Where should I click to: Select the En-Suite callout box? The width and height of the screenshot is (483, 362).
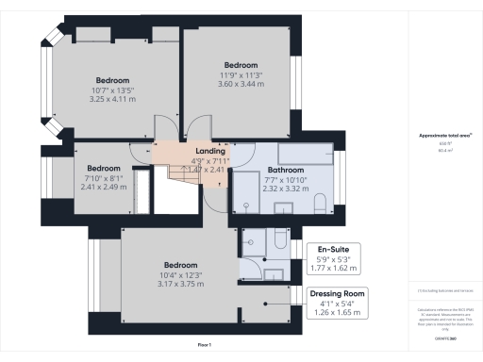[337, 257]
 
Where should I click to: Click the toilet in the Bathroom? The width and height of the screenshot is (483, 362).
[320, 205]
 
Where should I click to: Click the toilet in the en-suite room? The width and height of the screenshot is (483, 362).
[282, 241]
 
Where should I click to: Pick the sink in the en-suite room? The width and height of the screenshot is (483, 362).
[274, 273]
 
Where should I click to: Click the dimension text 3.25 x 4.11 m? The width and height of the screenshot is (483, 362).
[112, 99]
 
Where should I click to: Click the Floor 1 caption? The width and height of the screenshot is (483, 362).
[204, 345]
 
